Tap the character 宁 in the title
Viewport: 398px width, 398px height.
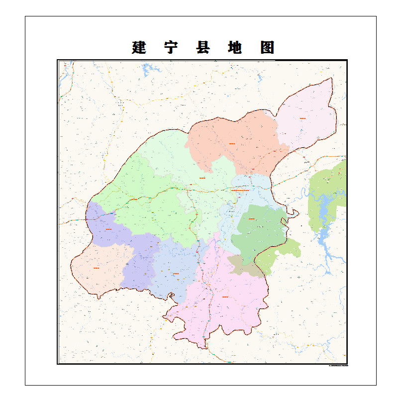coord(171,48)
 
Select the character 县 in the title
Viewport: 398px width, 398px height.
coord(202,48)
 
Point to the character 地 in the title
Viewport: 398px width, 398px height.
coord(234,48)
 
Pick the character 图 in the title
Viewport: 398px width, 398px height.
coord(267,48)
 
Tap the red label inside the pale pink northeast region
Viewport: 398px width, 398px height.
coord(302,118)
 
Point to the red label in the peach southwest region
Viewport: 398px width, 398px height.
coord(96,269)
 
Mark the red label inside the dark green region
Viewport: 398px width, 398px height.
coord(252,218)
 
